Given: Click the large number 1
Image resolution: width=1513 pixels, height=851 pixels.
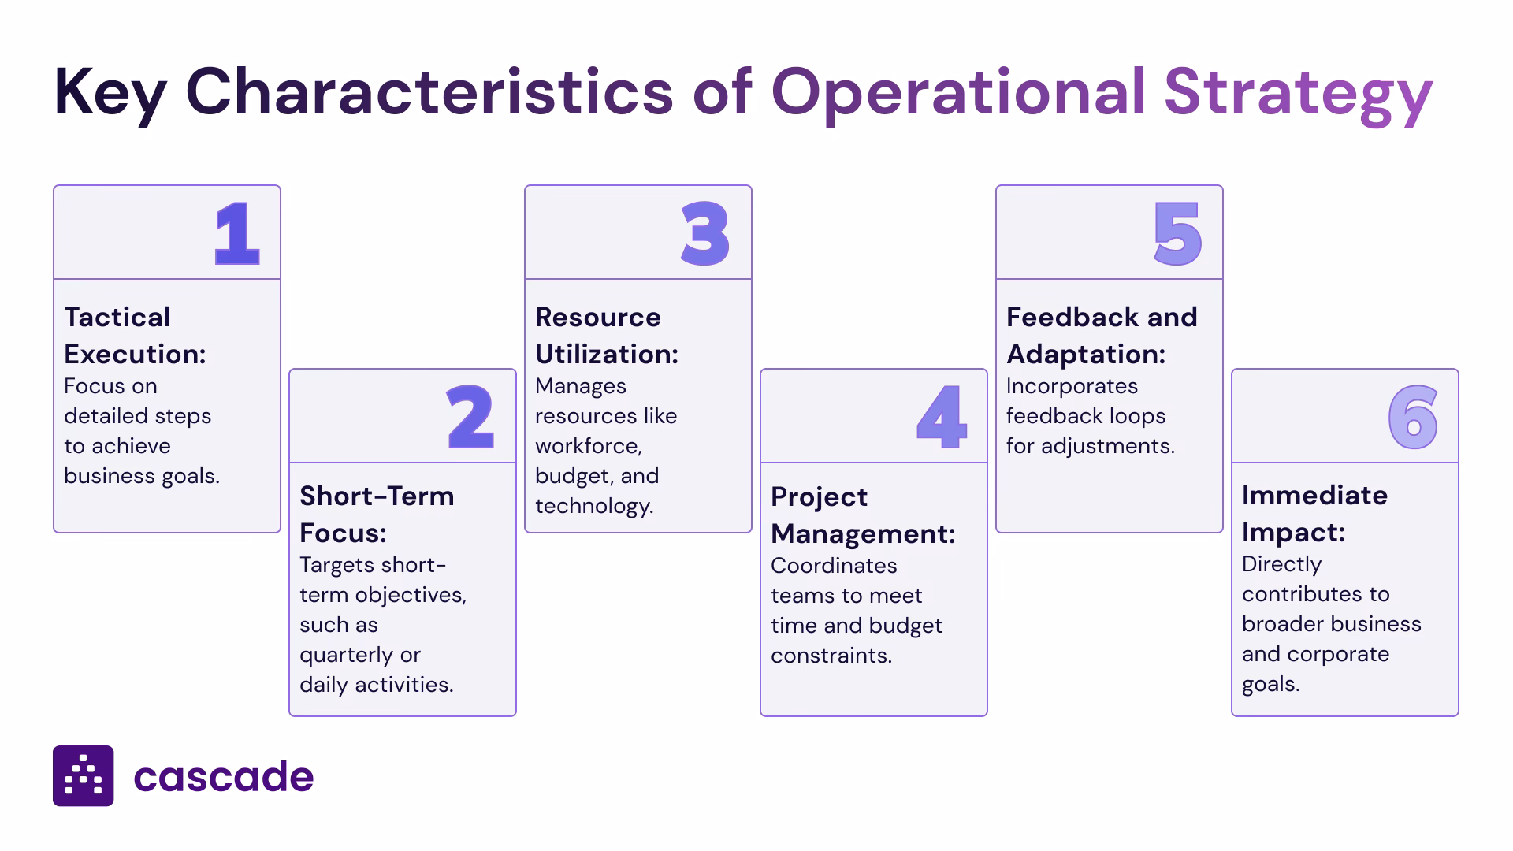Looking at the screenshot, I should [236, 233].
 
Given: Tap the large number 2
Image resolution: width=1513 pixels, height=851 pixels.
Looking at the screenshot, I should [470, 417].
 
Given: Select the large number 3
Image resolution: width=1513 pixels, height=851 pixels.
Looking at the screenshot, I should [705, 233].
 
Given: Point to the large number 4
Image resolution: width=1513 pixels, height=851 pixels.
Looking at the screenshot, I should [941, 417].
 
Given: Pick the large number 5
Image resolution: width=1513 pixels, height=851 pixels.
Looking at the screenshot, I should [1177, 233].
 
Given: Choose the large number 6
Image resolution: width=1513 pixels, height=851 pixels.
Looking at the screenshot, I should [1412, 417].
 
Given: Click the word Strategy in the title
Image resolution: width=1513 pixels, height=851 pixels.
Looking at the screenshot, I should [1297, 93].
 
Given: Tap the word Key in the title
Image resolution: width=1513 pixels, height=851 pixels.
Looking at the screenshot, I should [110, 93].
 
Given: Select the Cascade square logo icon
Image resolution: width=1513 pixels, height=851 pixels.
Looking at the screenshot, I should [83, 776].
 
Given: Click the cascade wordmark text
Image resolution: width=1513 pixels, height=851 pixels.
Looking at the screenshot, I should [224, 777].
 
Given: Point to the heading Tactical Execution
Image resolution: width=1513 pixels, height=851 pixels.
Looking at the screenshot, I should [134, 336].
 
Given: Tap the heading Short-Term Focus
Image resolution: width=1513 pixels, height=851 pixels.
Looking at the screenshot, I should [376, 515].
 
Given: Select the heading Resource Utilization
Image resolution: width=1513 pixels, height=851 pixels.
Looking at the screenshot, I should [606, 336].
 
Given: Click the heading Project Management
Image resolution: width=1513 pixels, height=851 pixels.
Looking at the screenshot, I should [862, 515].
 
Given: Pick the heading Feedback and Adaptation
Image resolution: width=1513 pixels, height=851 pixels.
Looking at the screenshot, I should [1101, 336].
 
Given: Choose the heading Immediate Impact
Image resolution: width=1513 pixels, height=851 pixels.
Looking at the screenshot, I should [1314, 514].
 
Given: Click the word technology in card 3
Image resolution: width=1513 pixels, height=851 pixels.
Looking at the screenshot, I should [593, 506].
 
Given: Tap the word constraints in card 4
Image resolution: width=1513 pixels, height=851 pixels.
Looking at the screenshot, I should [831, 656].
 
